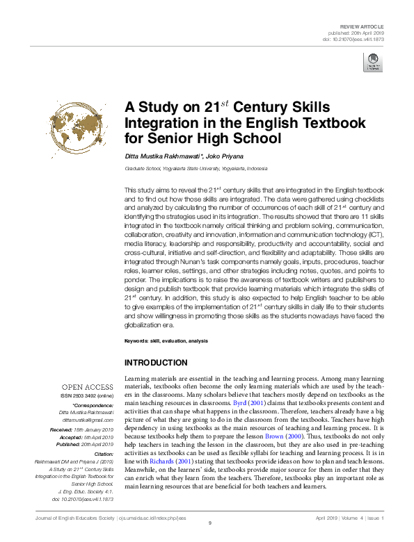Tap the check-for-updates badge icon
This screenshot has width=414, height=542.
point(374,63)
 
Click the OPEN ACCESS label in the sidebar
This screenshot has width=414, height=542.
point(88,386)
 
